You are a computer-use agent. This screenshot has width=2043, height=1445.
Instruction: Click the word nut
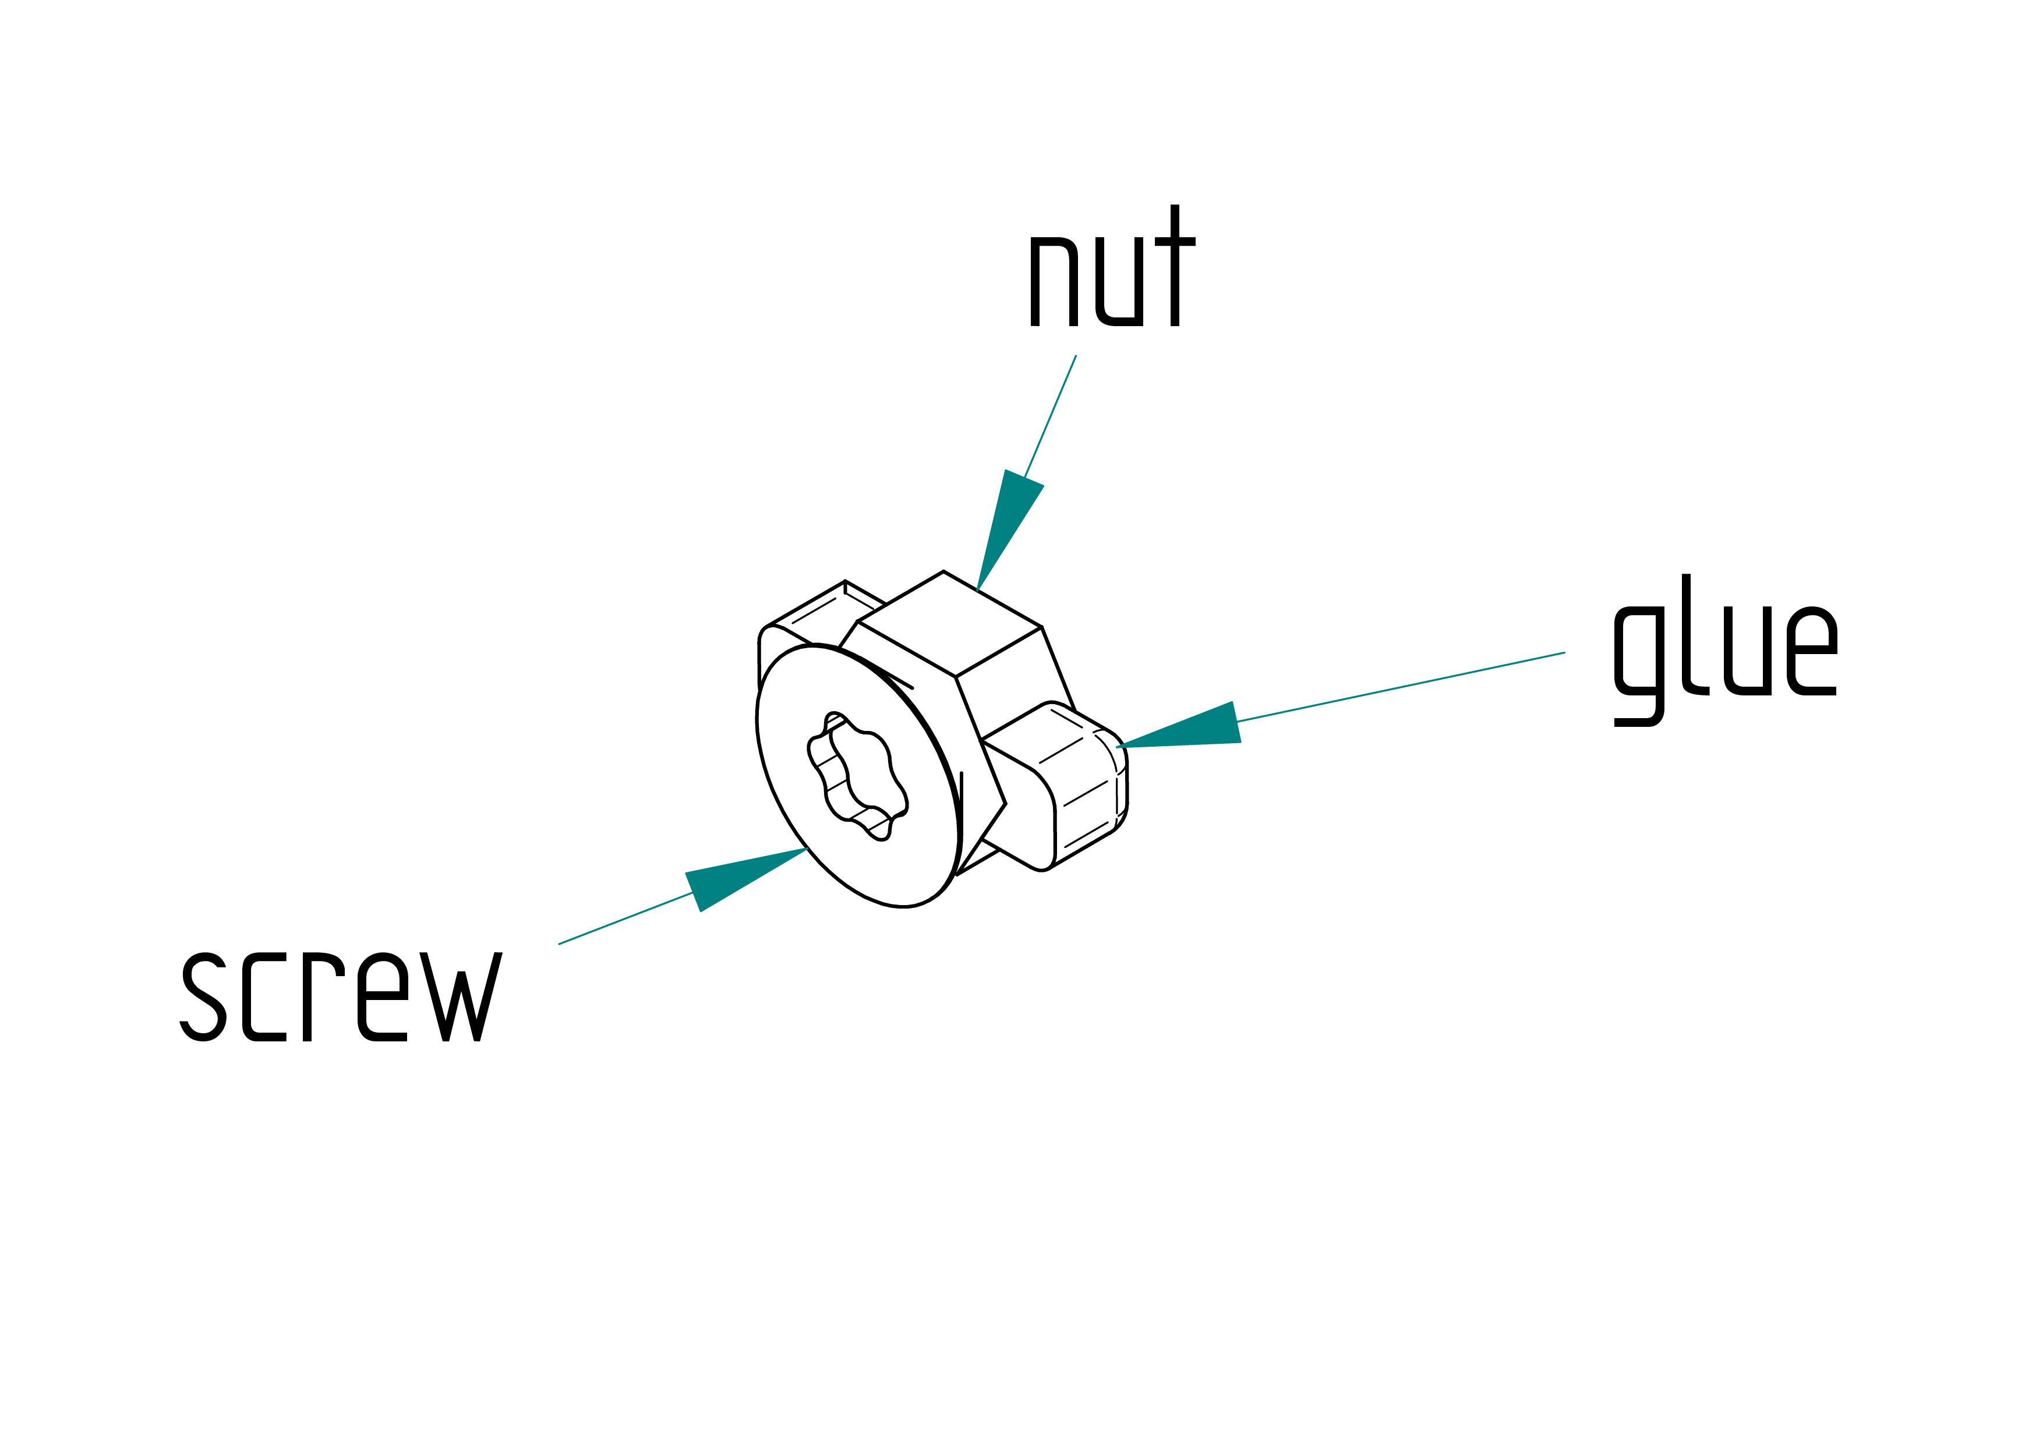(x=1112, y=265)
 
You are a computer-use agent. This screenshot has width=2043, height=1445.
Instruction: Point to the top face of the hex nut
(x=949, y=623)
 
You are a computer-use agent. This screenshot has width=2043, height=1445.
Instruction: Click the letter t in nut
(x=1175, y=265)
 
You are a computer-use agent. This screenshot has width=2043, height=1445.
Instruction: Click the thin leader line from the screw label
(x=625, y=918)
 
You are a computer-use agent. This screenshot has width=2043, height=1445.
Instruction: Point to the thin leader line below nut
(x=1050, y=416)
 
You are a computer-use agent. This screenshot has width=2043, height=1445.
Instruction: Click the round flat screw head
(x=858, y=776)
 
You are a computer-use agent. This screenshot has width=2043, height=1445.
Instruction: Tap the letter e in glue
(x=1812, y=651)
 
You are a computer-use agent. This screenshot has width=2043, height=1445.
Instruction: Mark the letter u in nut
(x=1119, y=281)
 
